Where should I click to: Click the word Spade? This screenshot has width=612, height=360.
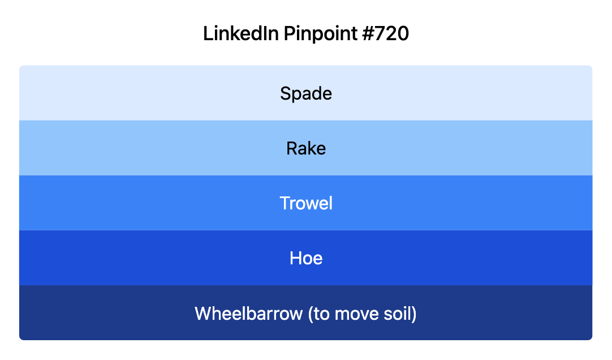(306, 93)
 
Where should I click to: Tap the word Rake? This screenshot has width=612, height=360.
(306, 148)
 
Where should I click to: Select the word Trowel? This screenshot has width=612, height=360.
(306, 203)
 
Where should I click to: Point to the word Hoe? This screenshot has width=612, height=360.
(306, 258)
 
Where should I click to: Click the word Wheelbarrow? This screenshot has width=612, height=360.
(248, 313)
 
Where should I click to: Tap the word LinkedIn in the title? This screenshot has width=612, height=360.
(240, 34)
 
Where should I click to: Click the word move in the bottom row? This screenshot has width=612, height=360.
(356, 313)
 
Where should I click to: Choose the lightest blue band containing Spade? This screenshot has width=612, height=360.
(113, 93)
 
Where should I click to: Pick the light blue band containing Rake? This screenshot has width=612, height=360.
(113, 148)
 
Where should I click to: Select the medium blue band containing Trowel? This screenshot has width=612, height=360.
(113, 203)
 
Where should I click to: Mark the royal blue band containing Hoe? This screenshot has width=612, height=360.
(113, 258)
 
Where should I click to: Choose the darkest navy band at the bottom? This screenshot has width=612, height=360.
(113, 313)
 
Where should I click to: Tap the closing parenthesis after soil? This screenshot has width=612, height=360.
(414, 314)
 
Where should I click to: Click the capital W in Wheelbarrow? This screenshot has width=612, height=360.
(202, 313)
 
